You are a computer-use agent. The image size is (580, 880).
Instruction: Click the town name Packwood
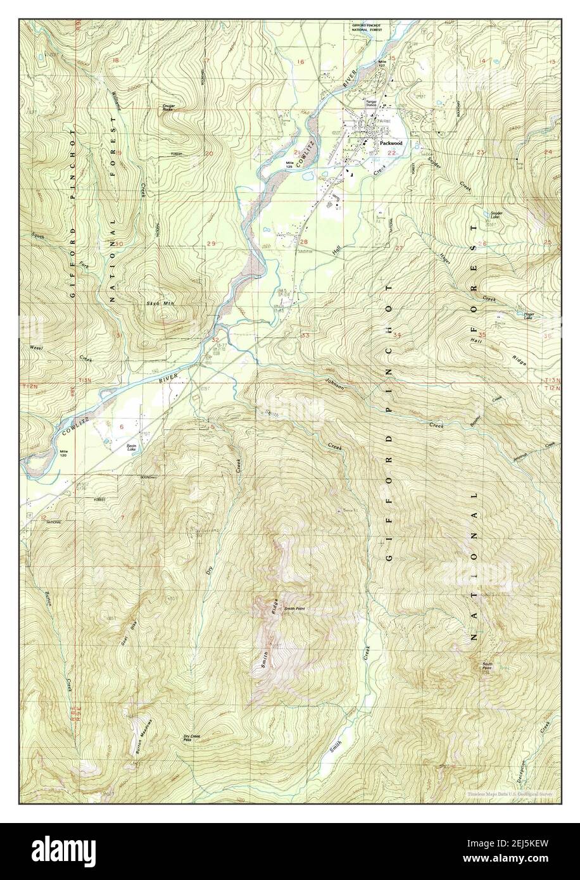click(391, 144)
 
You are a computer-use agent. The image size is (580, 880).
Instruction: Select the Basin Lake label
click(132, 448)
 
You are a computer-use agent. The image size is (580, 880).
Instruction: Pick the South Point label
click(486, 666)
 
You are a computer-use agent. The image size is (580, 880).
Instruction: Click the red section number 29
click(211, 244)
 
